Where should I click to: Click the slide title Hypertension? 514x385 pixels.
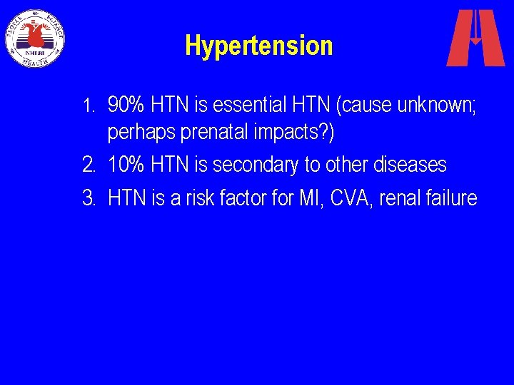(258, 46)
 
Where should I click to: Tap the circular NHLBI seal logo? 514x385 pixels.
(35, 38)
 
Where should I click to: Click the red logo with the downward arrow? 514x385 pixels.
(475, 38)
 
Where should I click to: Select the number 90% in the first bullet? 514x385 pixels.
(126, 106)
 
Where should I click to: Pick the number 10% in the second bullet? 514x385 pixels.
(126, 165)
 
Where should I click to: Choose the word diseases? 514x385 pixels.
(412, 165)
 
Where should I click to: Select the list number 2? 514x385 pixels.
(89, 165)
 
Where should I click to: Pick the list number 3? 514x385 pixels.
(89, 197)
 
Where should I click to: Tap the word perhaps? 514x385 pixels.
(135, 133)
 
